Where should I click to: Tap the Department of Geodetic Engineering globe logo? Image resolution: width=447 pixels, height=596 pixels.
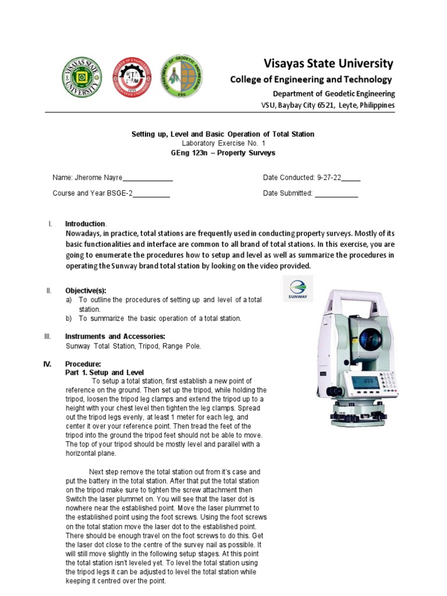[x=183, y=78]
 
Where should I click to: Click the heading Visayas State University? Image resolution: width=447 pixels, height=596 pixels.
[x=329, y=63]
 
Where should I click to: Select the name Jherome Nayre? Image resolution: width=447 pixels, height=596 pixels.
[x=99, y=178]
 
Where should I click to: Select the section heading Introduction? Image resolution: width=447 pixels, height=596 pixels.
[x=85, y=224]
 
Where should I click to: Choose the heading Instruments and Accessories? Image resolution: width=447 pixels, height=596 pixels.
[x=115, y=336]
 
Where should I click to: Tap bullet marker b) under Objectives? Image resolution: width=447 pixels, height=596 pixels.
[x=69, y=318]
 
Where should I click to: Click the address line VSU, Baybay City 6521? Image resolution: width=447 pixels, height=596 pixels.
[x=327, y=105]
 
